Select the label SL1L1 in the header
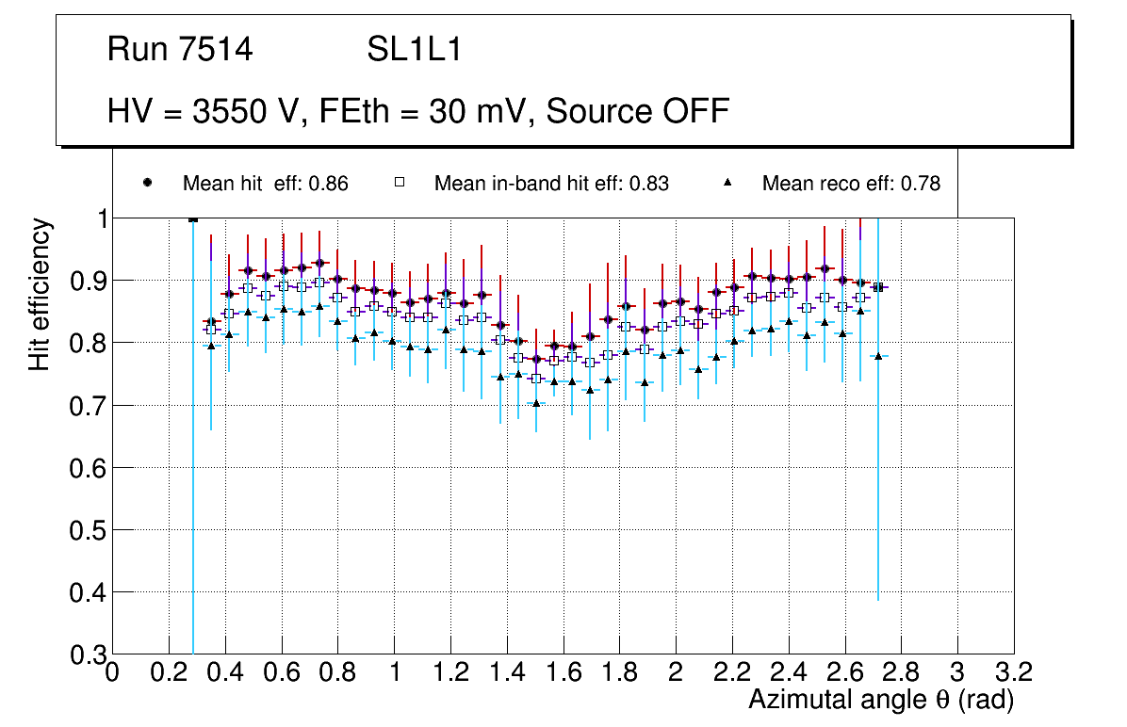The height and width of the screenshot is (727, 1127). click(x=414, y=50)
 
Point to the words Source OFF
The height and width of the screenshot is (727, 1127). click(x=638, y=111)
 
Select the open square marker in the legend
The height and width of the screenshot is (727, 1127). click(x=399, y=183)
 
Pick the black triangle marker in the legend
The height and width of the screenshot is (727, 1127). click(x=727, y=183)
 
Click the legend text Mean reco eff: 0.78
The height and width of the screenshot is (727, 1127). click(x=850, y=184)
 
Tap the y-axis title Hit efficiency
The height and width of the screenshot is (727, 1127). click(x=40, y=294)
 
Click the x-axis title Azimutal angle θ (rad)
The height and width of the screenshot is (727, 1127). click(x=882, y=700)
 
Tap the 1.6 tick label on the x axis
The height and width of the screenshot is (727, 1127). click(x=563, y=671)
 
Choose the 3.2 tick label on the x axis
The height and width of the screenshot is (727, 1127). click(x=1014, y=671)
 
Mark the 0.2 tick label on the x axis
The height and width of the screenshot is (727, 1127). click(x=169, y=671)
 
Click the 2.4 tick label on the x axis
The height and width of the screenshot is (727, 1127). click(x=789, y=671)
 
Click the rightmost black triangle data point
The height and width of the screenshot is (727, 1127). click(x=878, y=356)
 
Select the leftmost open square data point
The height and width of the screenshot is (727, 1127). click(x=211, y=330)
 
